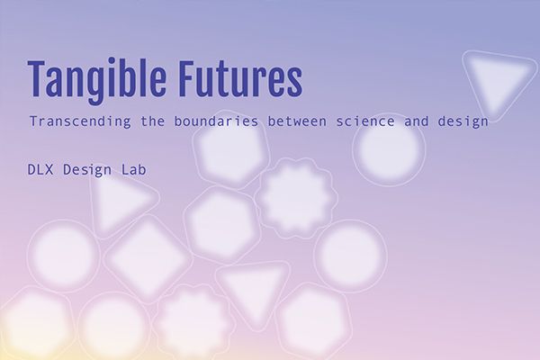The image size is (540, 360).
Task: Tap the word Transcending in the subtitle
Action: click(x=80, y=121)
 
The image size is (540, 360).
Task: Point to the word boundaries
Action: click(x=216, y=121)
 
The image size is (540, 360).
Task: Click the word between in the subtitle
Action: click(x=297, y=121)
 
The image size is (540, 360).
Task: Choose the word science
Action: click(x=365, y=121)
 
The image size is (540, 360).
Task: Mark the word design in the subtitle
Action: click(x=463, y=122)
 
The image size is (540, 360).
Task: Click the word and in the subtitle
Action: click(x=416, y=121)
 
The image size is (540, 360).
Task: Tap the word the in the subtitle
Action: click(x=153, y=121)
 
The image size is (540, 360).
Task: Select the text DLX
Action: click(x=40, y=169)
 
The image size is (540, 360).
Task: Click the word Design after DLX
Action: click(x=87, y=170)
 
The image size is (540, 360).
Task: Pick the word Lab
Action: click(x=133, y=169)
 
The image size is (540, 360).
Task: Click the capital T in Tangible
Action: click(x=37, y=78)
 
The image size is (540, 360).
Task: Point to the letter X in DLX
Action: click(x=49, y=169)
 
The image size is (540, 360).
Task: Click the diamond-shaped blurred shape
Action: click(x=148, y=259)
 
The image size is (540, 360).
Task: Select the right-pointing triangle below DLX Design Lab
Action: click(x=121, y=203)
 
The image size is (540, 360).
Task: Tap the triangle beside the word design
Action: click(x=498, y=83)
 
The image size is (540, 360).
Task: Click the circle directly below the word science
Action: click(x=389, y=148)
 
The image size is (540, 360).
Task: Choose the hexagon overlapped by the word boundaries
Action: click(x=231, y=149)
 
